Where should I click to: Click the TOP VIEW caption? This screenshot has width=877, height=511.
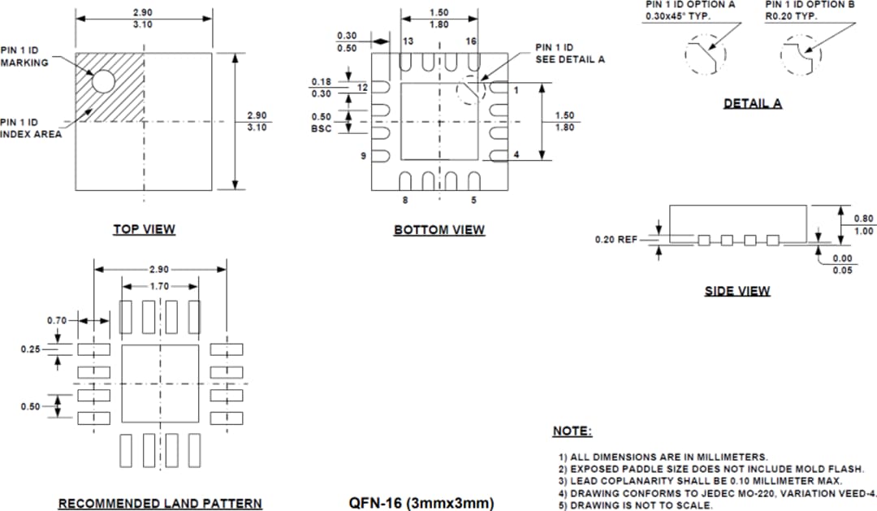(144, 229)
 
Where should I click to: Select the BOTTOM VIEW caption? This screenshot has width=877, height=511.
(439, 230)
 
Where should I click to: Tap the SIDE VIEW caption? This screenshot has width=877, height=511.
(737, 291)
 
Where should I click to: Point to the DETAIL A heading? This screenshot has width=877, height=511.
(753, 103)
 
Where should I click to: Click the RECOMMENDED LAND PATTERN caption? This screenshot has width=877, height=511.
(160, 504)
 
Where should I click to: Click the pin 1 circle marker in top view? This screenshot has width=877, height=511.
(103, 80)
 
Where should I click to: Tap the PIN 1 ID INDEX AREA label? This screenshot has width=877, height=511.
(31, 128)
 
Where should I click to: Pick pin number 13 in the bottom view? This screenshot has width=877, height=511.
(408, 41)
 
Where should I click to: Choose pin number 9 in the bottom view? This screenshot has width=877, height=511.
(364, 155)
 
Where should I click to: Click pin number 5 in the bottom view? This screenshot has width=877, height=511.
(473, 200)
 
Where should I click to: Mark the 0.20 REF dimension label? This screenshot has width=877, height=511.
(616, 240)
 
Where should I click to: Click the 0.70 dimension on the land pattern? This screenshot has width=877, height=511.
(56, 320)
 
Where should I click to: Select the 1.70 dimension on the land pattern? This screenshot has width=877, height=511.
(160, 286)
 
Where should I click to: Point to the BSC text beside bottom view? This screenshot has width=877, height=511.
(322, 128)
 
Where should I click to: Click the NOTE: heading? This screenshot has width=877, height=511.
(572, 431)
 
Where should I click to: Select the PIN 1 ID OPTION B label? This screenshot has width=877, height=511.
(810, 5)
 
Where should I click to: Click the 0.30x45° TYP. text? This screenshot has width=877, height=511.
(677, 17)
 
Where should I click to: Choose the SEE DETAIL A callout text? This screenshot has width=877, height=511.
(570, 59)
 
